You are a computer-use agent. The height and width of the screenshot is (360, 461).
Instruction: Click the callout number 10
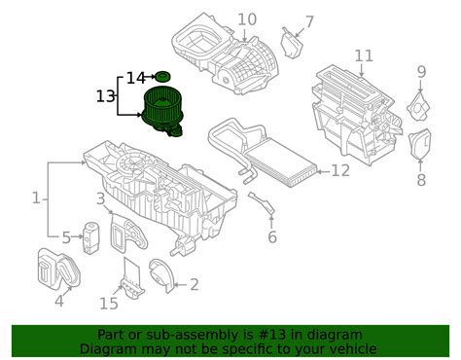pyautogui.click(x=247, y=18)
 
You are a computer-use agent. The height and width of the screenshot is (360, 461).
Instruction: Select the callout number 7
pyautogui.click(x=309, y=21)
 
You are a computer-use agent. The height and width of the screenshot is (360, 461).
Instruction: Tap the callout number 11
pyautogui.click(x=364, y=55)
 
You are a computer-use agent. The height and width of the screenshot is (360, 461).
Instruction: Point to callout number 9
pyautogui.click(x=421, y=71)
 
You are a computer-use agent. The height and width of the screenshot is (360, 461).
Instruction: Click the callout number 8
pyautogui.click(x=421, y=180)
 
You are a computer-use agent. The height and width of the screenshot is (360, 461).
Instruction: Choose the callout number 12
pyautogui.click(x=339, y=171)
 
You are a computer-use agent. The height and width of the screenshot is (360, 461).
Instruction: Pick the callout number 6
pyautogui.click(x=272, y=236)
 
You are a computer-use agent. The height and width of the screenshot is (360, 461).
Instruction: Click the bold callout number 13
pyautogui.click(x=105, y=96)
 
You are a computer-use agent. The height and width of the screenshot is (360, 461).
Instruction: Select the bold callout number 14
pyautogui.click(x=135, y=76)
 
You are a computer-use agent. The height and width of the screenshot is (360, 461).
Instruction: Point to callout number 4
pyautogui.click(x=59, y=301)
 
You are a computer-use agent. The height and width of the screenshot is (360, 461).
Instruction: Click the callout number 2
pyautogui.click(x=194, y=284)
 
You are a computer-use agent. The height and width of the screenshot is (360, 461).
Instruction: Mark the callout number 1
pyautogui.click(x=36, y=198)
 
